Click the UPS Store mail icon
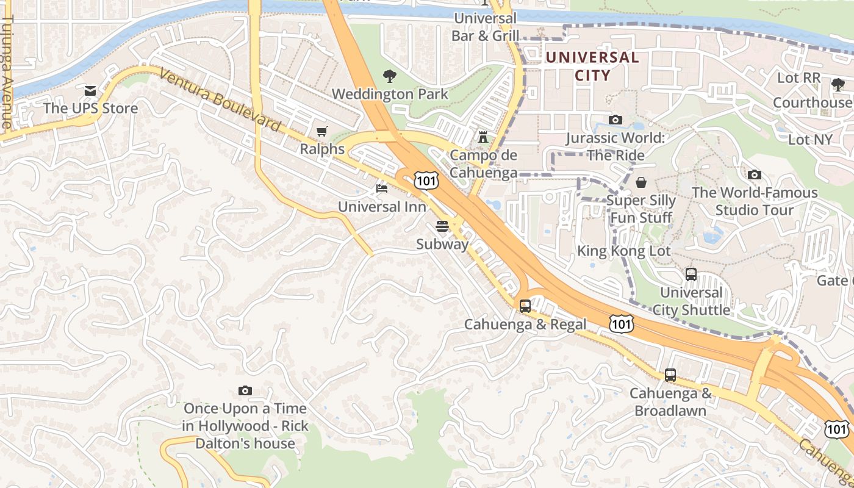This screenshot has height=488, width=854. point(90,91)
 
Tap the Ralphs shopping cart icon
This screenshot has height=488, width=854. point(322,131)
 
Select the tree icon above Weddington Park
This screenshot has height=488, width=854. point(390,76)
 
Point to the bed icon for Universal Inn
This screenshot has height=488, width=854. point(382,188)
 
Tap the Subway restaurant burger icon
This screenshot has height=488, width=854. point(442,226)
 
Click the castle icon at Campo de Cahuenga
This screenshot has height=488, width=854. point(483,137)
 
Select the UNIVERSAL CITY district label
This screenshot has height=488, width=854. point(592,66)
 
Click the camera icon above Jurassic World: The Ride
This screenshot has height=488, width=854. point(615,120)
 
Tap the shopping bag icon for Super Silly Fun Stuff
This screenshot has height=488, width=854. point(641,182)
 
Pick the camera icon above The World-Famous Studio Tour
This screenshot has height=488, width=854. point(754,175)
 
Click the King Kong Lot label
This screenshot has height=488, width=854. point(623,251)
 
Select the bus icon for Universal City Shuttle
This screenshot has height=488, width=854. point(691,274)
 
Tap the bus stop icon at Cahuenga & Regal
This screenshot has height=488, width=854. point(525,306)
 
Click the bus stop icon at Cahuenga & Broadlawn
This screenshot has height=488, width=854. point(670,375)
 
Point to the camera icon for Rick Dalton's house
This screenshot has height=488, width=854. point(245,390)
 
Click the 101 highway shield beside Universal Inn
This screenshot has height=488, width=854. point(425,180)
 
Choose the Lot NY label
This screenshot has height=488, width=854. point(810,140)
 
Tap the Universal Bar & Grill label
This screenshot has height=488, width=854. point(485,27)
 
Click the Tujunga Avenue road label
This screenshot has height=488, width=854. point(7,72)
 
